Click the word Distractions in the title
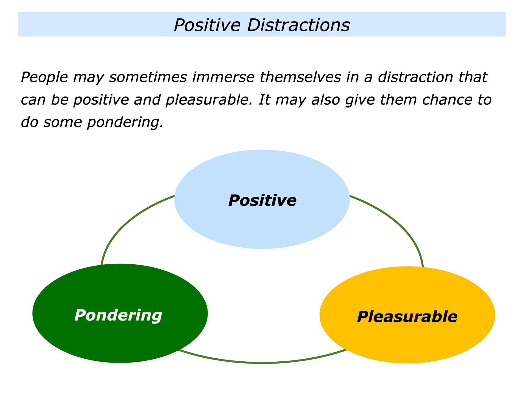coord(298,25)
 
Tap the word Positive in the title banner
coord(207,25)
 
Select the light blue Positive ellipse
coord(262,221)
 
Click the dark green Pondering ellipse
coord(120,338)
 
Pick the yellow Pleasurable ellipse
coord(407,338)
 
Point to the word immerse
coord(223,77)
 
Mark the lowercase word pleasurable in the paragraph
coord(209,100)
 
